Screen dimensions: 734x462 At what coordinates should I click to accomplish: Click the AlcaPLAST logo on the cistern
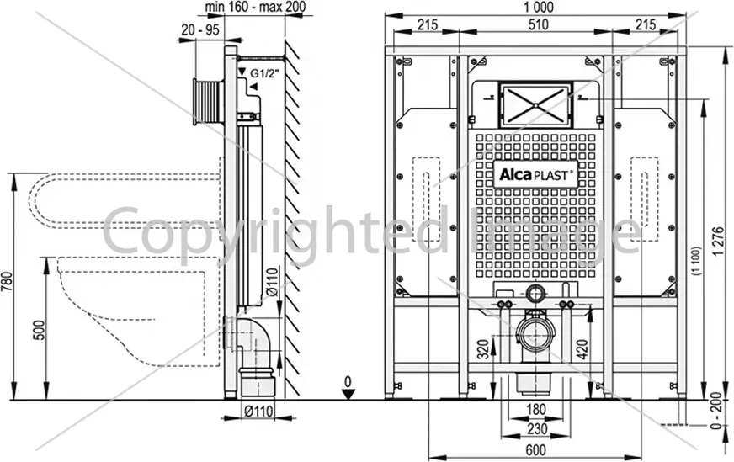[536, 175]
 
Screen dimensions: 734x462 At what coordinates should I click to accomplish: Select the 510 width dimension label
[538, 24]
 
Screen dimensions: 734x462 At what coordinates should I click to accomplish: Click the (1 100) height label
[697, 261]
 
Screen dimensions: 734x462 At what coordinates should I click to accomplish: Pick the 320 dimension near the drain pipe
[483, 348]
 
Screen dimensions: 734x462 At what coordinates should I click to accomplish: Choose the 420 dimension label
[581, 349]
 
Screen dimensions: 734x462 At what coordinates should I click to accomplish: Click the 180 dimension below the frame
[536, 409]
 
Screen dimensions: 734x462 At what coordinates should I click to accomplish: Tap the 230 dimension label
[536, 428]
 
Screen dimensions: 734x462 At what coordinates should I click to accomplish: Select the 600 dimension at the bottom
[536, 449]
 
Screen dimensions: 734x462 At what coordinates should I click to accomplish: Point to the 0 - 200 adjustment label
[716, 411]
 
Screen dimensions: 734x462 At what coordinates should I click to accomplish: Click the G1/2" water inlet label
[264, 73]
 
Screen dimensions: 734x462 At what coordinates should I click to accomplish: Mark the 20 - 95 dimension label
[199, 30]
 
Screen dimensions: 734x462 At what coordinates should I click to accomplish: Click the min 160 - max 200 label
[255, 7]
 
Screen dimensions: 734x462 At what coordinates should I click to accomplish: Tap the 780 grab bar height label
[8, 282]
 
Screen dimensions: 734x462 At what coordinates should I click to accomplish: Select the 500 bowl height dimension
[40, 330]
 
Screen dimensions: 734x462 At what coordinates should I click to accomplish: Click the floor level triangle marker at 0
[348, 394]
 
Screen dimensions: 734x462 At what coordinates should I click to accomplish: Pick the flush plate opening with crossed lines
[535, 105]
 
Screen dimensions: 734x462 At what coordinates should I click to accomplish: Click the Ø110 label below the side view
[258, 411]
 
